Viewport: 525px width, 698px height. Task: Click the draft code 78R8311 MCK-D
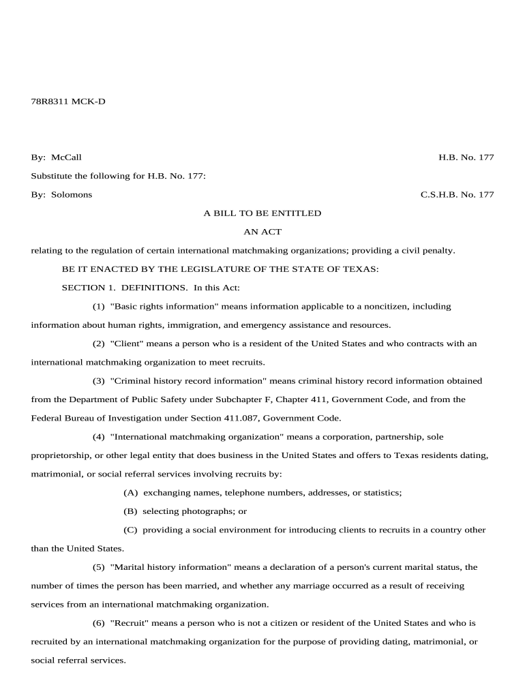pos(68,102)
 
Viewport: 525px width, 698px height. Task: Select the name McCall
pos(66,157)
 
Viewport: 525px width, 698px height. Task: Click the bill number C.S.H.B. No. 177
pos(457,194)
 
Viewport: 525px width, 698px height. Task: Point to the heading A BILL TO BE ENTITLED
pos(262,213)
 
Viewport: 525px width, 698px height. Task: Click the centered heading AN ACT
pos(262,232)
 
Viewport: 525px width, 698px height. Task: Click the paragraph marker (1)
pos(98,306)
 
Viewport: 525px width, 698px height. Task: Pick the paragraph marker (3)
pos(98,380)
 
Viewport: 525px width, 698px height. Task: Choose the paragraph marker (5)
pos(98,566)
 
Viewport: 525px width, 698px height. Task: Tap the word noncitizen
pos(389,306)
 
